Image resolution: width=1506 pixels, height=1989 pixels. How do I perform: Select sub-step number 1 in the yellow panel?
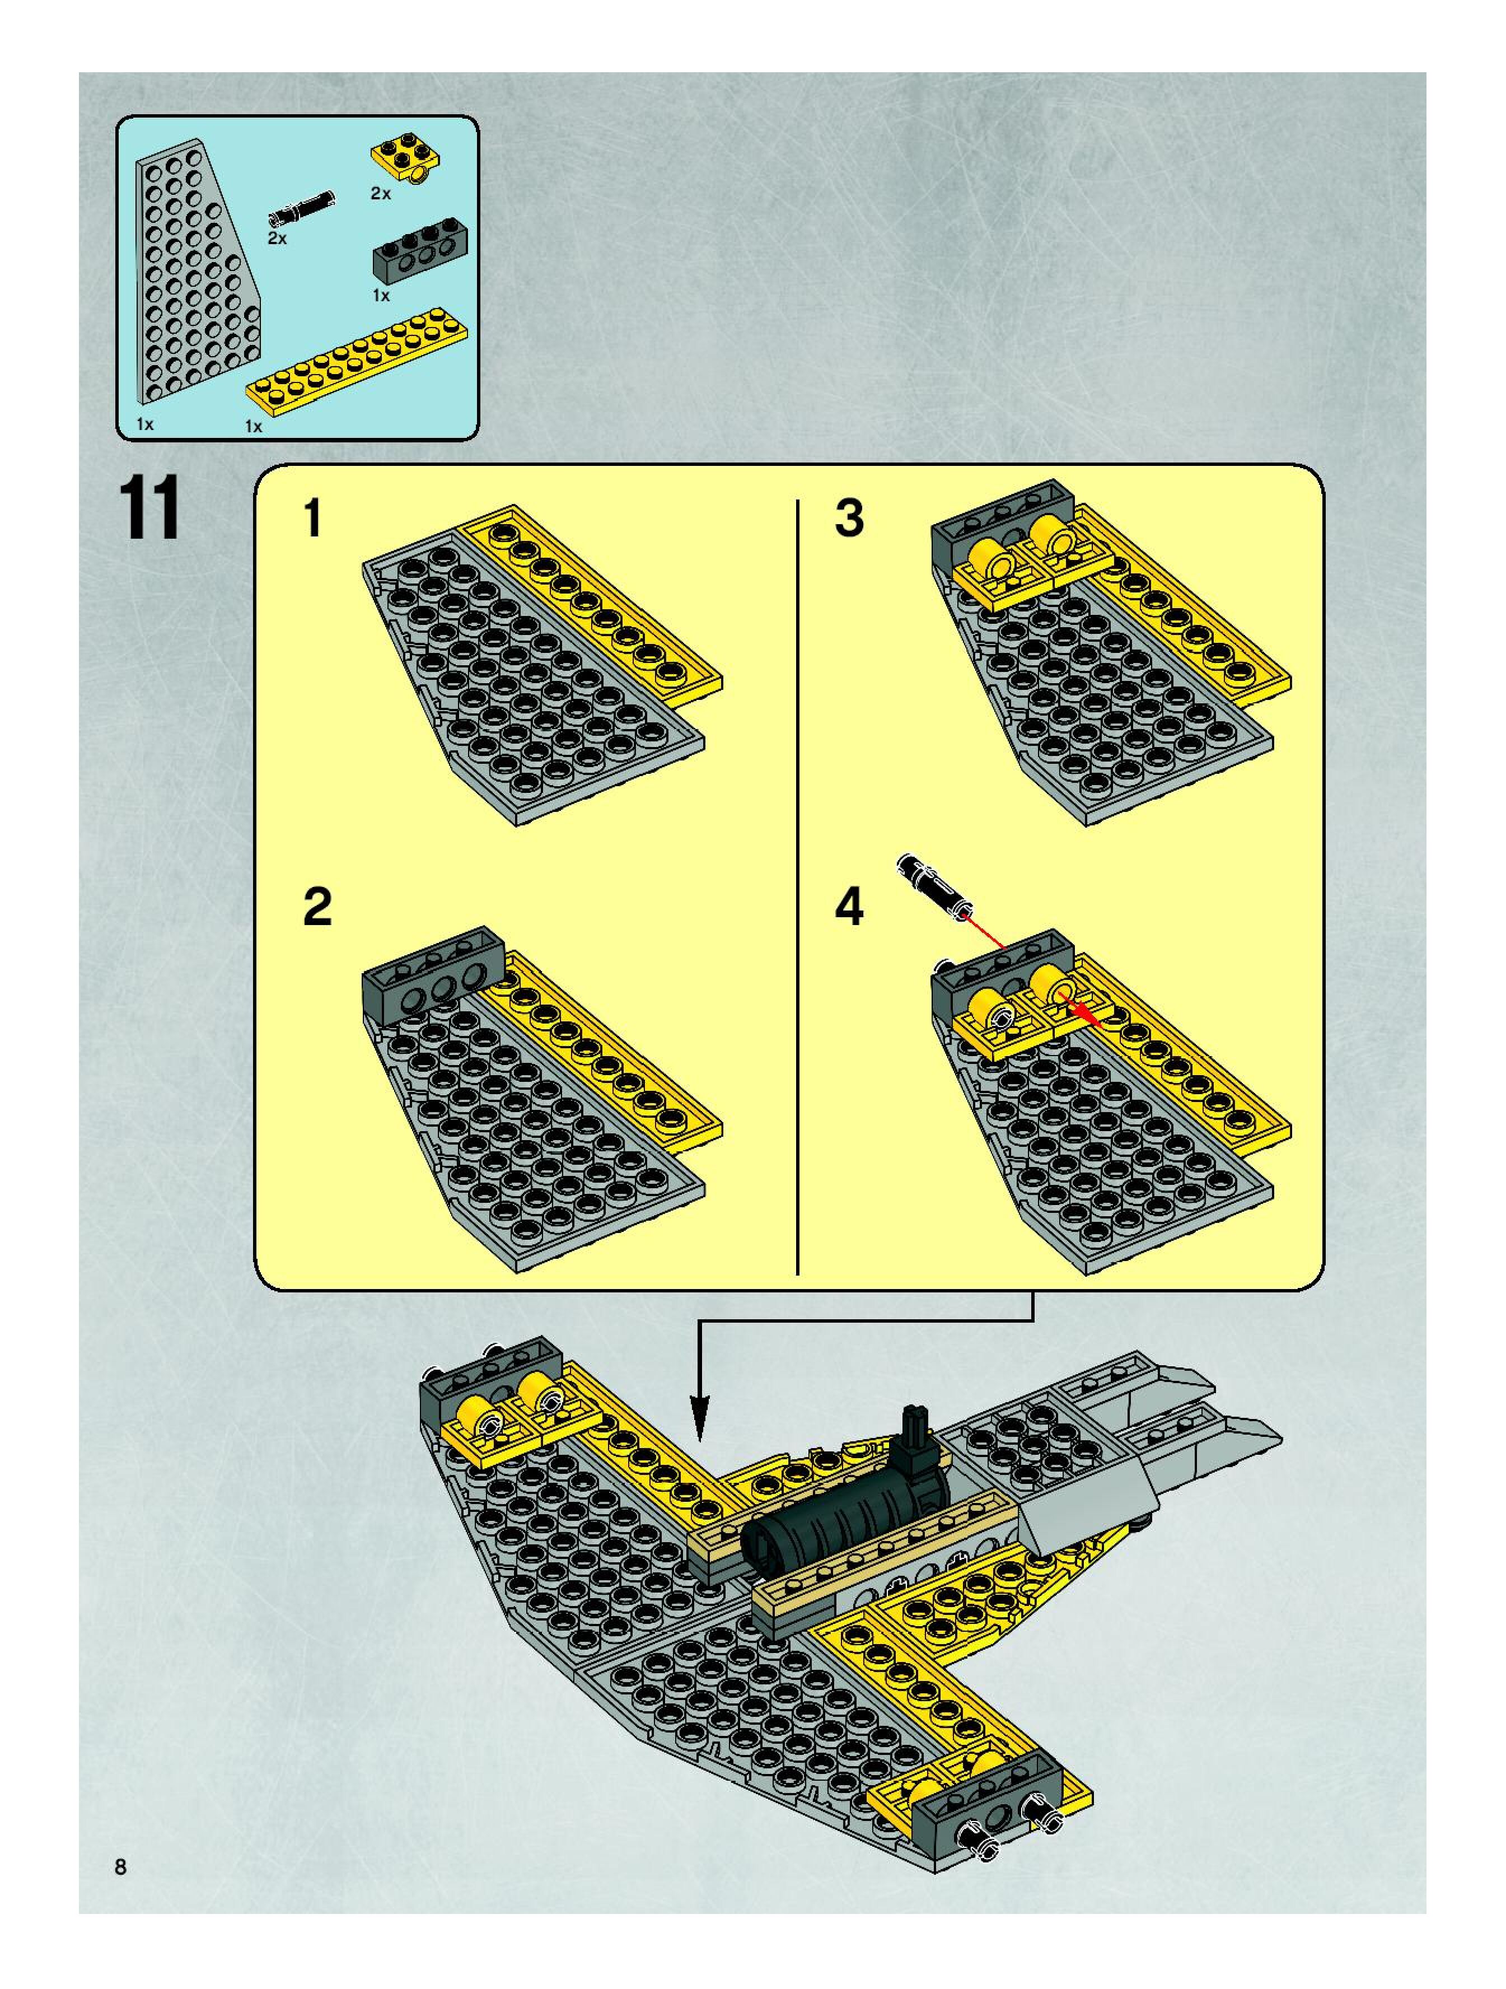[x=313, y=519]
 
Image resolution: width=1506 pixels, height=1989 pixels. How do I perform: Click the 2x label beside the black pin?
[x=277, y=239]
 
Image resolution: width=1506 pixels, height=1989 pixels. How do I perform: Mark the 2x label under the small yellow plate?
[x=381, y=193]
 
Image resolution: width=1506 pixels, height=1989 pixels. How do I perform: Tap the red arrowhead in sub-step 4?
[x=1091, y=1017]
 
